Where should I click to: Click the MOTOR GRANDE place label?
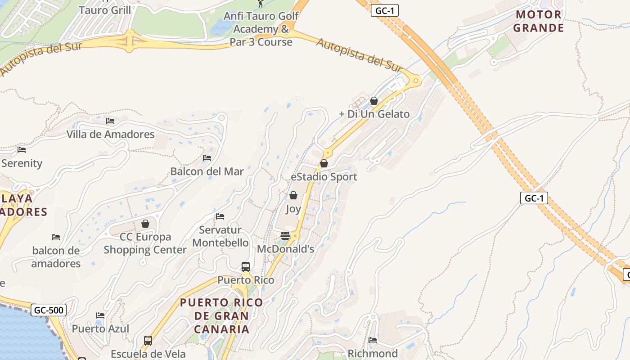539,21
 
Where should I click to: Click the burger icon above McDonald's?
285,235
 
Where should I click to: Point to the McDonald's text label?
285,249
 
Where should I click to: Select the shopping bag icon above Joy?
293,195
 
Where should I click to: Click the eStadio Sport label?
324,177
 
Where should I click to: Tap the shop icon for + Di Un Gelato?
374,101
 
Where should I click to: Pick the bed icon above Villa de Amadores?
110,121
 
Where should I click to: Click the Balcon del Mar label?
207,171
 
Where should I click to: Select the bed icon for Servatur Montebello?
220,216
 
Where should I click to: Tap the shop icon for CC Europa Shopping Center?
145,224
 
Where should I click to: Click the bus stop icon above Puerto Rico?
246,267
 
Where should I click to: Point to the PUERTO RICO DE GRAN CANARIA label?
221,315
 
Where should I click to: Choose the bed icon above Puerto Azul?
100,315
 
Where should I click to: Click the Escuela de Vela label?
148,354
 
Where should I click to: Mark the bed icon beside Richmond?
373,340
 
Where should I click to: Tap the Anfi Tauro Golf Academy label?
261,29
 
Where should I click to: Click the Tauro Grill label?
105,10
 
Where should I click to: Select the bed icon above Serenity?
22,150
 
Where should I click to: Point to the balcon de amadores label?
56,257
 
